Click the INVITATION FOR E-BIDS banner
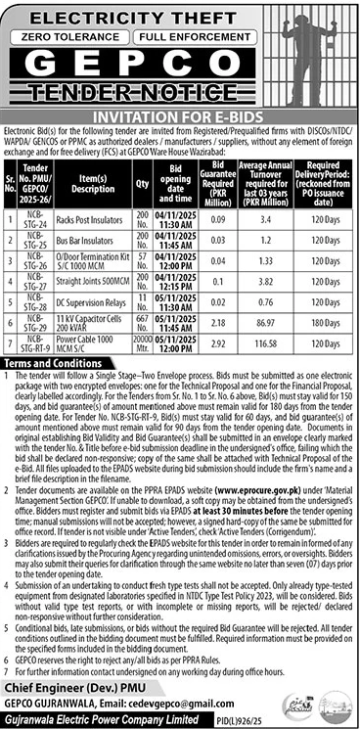click(x=180, y=114)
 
